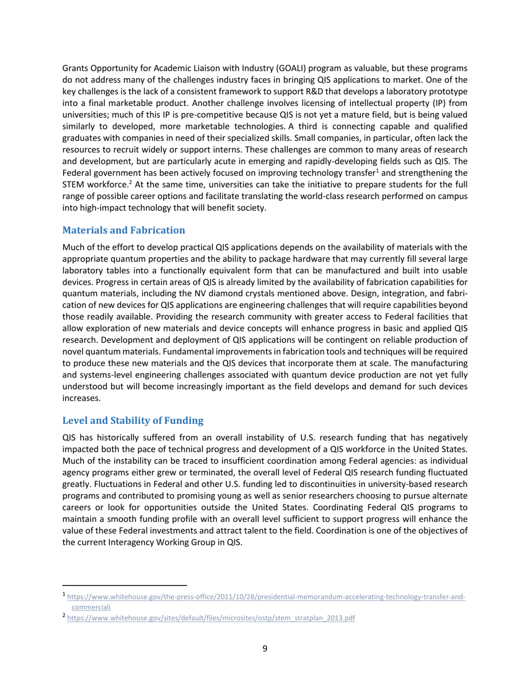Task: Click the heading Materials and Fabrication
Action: (123, 230)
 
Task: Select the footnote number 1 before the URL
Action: (64, 596)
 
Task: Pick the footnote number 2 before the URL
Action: (64, 617)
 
